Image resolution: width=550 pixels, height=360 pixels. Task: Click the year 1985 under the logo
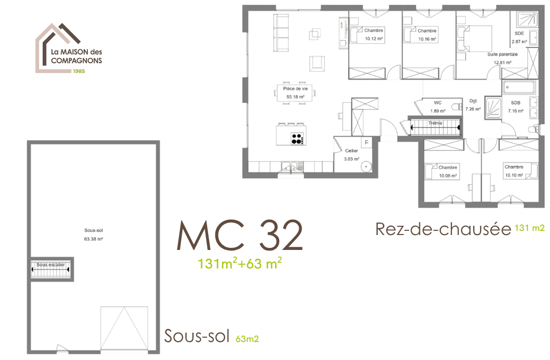coord(79,71)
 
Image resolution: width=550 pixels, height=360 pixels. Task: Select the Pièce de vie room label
coord(296,89)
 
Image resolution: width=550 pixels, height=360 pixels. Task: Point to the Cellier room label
coord(352,151)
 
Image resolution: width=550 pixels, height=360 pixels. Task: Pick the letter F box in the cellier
coord(366,142)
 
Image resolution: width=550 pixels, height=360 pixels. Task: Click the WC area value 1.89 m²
coord(438,111)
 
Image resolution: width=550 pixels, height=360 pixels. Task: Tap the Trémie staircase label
coord(435,123)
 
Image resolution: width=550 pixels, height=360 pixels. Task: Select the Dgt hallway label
coord(473,101)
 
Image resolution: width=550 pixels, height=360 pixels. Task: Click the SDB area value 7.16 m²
coord(516,111)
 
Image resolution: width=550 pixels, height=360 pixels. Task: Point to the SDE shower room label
coord(519,33)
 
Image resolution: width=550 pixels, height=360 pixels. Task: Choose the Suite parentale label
coord(502,55)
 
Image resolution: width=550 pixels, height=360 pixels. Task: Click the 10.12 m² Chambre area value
coord(374,39)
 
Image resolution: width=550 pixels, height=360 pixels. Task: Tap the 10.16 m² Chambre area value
coord(427,39)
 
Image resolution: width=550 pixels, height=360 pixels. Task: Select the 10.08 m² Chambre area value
coord(448,175)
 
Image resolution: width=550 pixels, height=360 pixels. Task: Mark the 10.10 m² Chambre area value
coord(514,175)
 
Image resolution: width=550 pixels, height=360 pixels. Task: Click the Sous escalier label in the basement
coord(51,264)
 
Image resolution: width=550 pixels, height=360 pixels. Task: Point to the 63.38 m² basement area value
coord(94,239)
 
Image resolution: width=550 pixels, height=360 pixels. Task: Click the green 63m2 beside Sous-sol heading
coord(247,339)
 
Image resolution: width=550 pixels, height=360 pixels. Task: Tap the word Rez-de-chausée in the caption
coord(443,229)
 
